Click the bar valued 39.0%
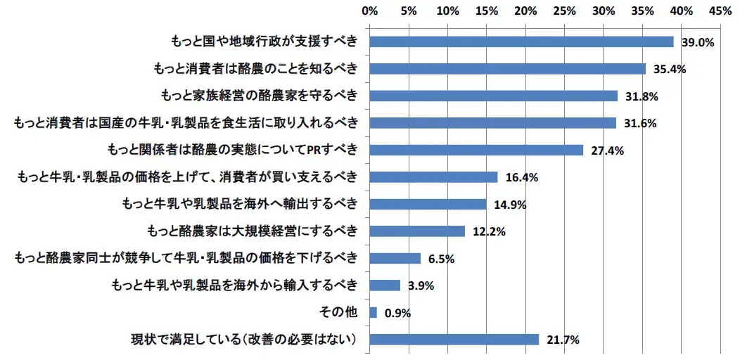click(521, 41)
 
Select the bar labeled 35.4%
click(507, 69)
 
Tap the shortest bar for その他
click(373, 312)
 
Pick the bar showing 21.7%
click(454, 340)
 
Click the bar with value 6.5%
click(395, 258)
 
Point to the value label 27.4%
click(604, 150)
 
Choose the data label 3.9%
click(421, 286)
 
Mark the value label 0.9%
click(397, 313)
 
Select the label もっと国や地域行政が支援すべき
click(264, 41)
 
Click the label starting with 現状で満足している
click(245, 340)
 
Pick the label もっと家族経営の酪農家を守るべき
click(259, 96)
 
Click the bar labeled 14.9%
click(427, 204)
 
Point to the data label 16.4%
click(521, 178)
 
